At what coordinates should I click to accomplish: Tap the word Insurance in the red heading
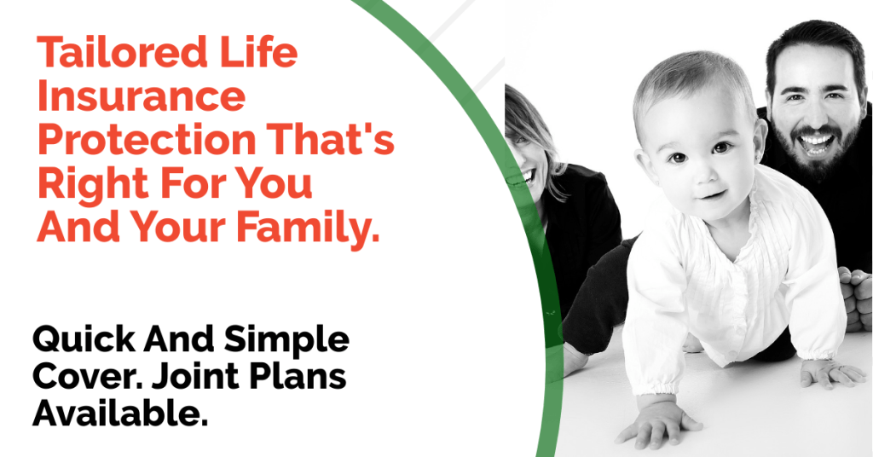point(142,96)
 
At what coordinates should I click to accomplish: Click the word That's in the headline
point(331,139)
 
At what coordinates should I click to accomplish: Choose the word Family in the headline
point(308,229)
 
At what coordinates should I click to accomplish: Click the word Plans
point(298,377)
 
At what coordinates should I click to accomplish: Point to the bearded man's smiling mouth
point(817,143)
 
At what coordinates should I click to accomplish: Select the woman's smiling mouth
point(525,177)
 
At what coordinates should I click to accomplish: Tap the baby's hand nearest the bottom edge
point(657,422)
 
